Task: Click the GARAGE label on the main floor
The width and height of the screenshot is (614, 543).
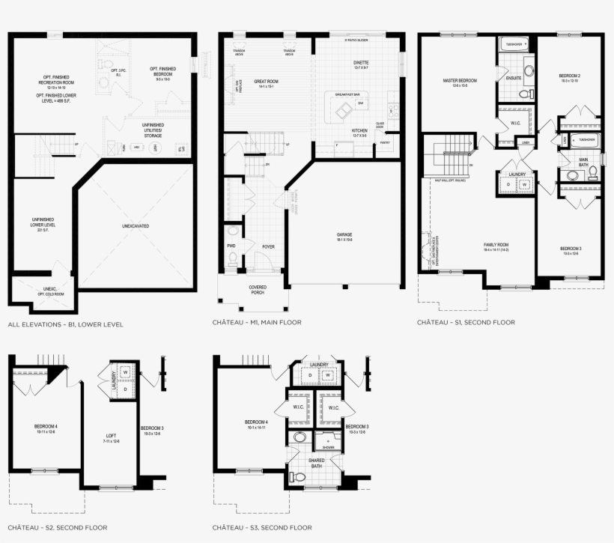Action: pyautogui.click(x=344, y=234)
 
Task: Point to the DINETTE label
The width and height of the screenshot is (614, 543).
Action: pyautogui.click(x=362, y=64)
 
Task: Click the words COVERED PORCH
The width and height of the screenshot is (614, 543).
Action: pyautogui.click(x=257, y=290)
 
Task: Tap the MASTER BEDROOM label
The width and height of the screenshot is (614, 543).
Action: pyautogui.click(x=459, y=80)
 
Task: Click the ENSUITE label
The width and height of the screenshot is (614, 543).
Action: pyautogui.click(x=514, y=78)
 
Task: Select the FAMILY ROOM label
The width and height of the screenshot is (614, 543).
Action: pyautogui.click(x=495, y=245)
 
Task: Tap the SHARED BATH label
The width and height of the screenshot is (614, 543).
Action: pyautogui.click(x=317, y=464)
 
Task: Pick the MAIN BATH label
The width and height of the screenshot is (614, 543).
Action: pyautogui.click(x=583, y=161)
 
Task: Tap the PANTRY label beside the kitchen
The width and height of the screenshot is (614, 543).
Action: pyautogui.click(x=385, y=142)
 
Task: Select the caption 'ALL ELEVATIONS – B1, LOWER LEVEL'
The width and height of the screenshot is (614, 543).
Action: pyautogui.click(x=65, y=324)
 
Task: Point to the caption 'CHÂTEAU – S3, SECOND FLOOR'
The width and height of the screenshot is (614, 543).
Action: pyautogui.click(x=262, y=527)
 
